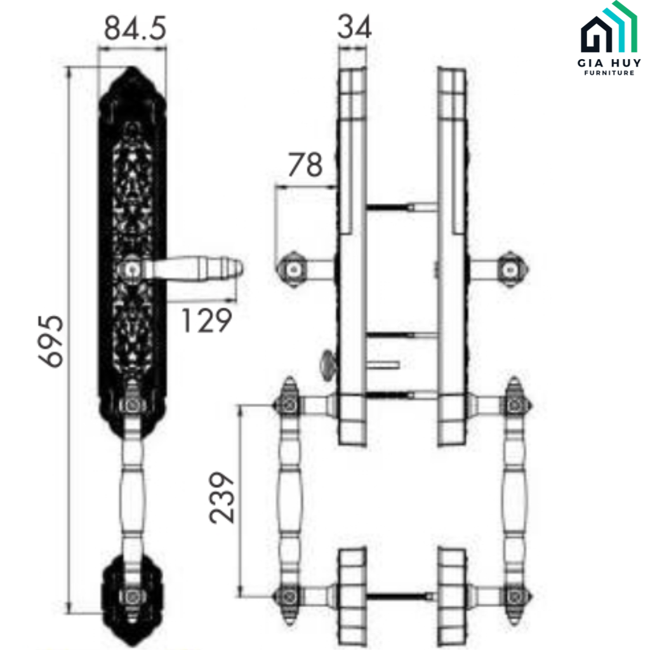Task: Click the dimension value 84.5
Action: [x=135, y=29]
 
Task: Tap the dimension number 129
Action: [x=206, y=321]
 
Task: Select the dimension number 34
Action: [x=354, y=27]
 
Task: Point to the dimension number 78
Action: [x=305, y=166]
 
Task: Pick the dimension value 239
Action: [x=223, y=498]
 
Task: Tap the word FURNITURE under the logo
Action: [x=608, y=73]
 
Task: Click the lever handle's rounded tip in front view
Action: [x=235, y=268]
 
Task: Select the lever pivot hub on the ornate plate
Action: [x=131, y=269]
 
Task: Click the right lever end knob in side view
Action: [x=510, y=269]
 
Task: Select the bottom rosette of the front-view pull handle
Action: [x=131, y=594]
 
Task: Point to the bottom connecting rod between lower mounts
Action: [x=401, y=596]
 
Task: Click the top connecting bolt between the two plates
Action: [x=401, y=206]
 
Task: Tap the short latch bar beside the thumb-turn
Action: [x=383, y=364]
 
